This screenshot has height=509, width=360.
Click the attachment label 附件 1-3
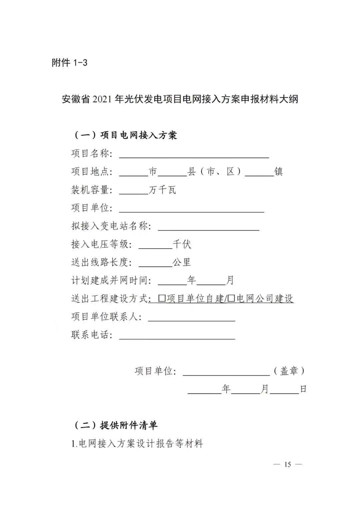[69, 63]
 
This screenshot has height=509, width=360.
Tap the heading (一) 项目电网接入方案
[125, 135]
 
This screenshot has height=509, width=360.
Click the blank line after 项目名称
[194, 154]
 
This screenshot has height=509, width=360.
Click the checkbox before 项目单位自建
[162, 298]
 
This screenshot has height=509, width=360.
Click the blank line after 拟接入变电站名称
[208, 227]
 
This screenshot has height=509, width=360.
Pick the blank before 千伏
[155, 245]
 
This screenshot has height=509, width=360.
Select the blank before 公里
[155, 263]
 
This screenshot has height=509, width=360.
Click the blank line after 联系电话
[177, 336]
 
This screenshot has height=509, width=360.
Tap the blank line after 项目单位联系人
[192, 318]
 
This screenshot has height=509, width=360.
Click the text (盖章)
[289, 371]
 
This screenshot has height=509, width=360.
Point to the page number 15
[288, 464]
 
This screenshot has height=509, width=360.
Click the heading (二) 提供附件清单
[115, 425]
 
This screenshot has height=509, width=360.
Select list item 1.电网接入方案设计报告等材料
[137, 444]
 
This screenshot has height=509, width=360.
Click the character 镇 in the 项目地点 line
[279, 172]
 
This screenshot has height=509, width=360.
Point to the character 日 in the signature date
[303, 389]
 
